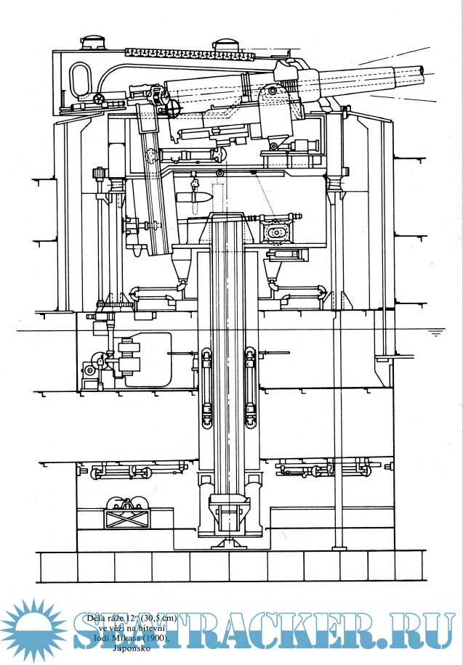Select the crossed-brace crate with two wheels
125,513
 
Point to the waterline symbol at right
435,333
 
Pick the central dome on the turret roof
228,44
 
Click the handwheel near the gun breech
172,108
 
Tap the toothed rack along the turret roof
189,52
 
